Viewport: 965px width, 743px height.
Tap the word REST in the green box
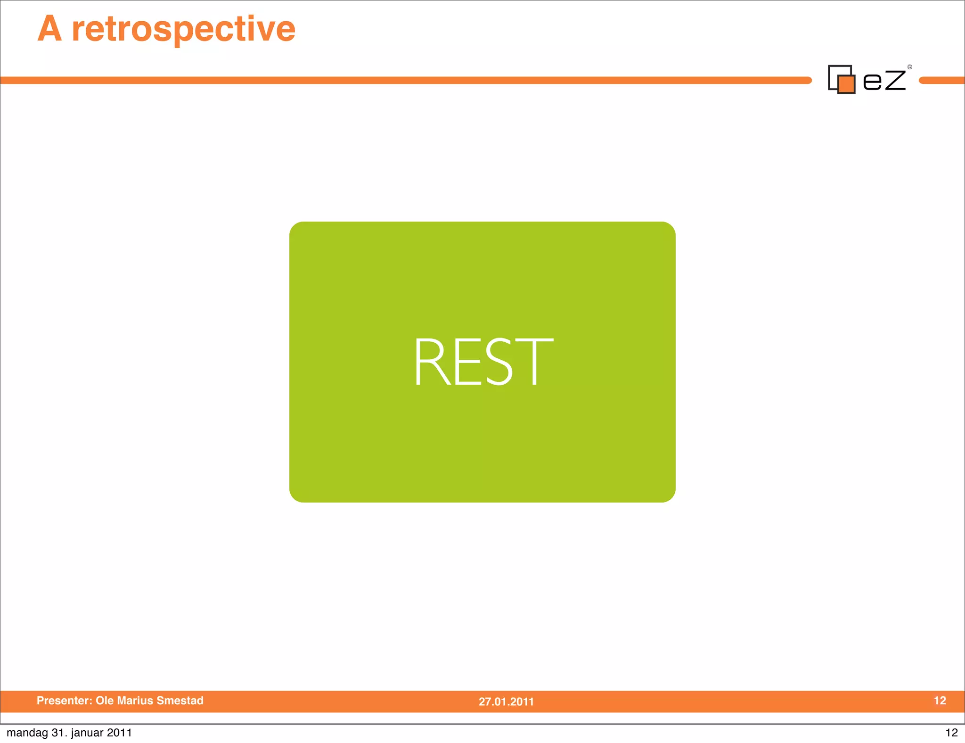pyautogui.click(x=483, y=362)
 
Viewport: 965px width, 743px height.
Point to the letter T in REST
pyautogui.click(x=535, y=362)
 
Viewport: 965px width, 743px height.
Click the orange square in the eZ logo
pyautogui.click(x=846, y=84)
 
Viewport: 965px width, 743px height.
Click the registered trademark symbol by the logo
pyautogui.click(x=910, y=67)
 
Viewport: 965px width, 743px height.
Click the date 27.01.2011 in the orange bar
pyautogui.click(x=506, y=702)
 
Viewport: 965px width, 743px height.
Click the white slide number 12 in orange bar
pyautogui.click(x=940, y=701)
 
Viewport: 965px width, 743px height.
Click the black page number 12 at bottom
pyautogui.click(x=951, y=733)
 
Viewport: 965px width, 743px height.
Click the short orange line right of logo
pyautogui.click(x=941, y=81)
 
